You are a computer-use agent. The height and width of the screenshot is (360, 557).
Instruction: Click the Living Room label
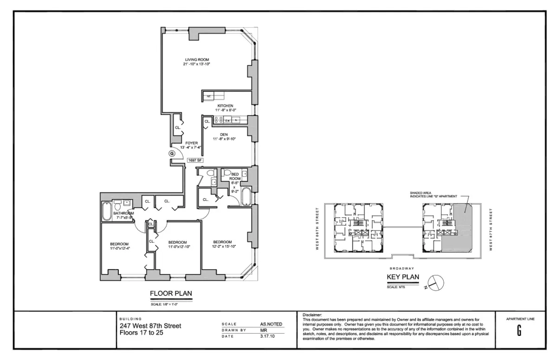pos(197,60)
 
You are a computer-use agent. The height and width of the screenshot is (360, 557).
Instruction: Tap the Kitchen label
pos(225,106)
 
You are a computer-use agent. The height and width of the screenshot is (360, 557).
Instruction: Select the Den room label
pos(224,135)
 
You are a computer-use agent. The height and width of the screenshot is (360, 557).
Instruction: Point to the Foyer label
pos(192,143)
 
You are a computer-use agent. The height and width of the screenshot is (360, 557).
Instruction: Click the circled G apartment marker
pos(172,153)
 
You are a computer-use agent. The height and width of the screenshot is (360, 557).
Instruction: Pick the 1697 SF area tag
pos(195,161)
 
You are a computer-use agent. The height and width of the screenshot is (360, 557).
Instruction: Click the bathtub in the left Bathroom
pos(106,212)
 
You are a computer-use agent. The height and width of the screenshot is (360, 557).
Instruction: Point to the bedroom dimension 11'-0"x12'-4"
pos(119,249)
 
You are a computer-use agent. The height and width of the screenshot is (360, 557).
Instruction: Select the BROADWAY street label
pos(402,268)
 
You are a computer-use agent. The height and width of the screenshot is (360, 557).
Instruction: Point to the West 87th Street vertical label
pos(491,229)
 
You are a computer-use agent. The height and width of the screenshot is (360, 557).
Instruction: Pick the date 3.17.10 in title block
pos(267,336)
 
